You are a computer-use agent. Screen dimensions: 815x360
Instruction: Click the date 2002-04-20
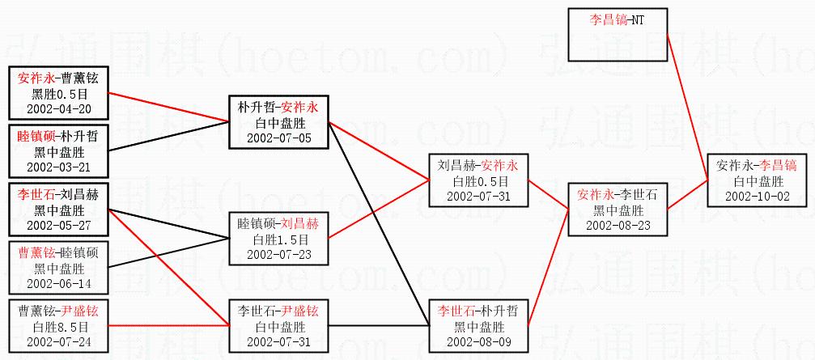58,108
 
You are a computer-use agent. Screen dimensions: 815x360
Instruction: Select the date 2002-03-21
58,167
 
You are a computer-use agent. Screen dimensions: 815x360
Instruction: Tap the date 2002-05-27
58,224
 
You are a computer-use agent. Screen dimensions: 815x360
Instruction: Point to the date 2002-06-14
58,283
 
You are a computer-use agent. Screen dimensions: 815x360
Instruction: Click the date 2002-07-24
58,341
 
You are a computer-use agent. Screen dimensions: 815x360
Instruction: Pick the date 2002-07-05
278,138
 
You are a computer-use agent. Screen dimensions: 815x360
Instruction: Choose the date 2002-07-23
278,254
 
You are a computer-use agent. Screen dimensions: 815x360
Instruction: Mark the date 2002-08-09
479,341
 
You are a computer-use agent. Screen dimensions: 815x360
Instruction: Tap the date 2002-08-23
618,225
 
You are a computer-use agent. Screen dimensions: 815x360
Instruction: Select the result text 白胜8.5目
58,326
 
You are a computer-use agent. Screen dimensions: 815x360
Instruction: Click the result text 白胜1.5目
278,239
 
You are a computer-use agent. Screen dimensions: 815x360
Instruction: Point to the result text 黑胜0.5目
58,94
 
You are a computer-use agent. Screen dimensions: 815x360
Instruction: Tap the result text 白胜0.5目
479,181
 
